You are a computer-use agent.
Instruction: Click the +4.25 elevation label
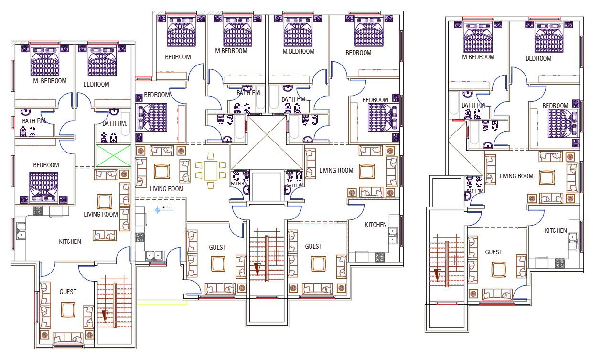click(165, 207)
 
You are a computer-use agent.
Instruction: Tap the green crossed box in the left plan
click(114, 156)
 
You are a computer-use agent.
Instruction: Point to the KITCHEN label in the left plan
click(70, 241)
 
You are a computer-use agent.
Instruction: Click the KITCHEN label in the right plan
click(556, 230)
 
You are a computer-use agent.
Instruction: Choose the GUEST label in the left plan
click(68, 291)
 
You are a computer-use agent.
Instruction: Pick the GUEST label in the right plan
click(494, 252)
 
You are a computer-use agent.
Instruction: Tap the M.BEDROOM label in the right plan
click(478, 57)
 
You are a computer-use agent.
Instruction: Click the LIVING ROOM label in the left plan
click(101, 214)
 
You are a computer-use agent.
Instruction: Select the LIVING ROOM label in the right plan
click(516, 176)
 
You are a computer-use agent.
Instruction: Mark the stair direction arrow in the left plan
click(105, 316)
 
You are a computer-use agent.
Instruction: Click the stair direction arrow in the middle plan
click(257, 269)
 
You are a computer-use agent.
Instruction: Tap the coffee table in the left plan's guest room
click(68, 310)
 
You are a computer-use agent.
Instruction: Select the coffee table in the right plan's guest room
click(498, 270)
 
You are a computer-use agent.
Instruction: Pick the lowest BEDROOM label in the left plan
click(46, 165)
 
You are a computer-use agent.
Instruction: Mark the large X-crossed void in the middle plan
click(267, 143)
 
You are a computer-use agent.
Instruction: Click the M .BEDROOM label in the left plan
click(50, 81)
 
